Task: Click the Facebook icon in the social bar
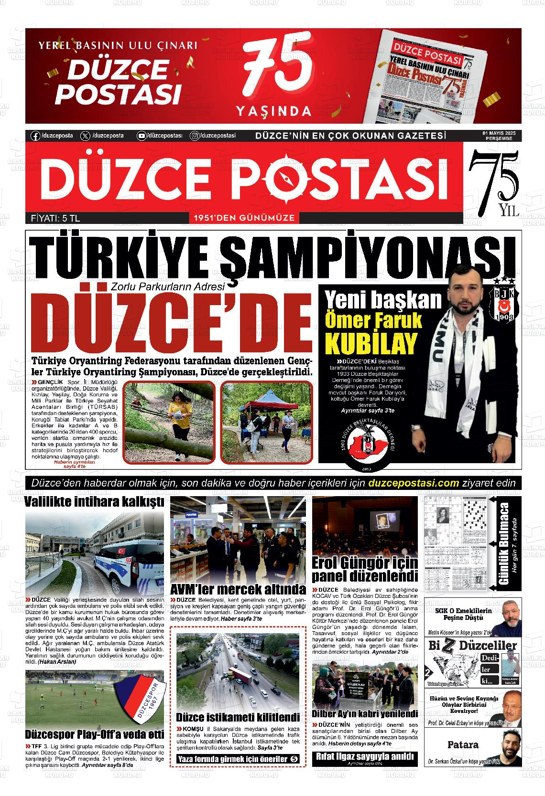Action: click(x=35, y=136)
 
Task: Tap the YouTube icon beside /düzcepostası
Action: click(x=142, y=136)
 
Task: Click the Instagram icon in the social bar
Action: click(x=195, y=136)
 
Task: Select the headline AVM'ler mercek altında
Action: click(x=238, y=588)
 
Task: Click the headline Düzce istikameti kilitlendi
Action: click(x=238, y=717)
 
